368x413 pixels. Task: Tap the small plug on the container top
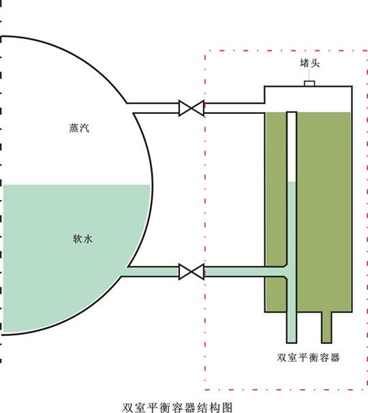click(x=309, y=83)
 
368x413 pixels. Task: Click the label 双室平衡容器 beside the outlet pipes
click(x=308, y=357)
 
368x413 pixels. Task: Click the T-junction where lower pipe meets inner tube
click(x=292, y=272)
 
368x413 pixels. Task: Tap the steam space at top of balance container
click(x=307, y=98)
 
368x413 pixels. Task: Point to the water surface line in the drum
click(x=75, y=185)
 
